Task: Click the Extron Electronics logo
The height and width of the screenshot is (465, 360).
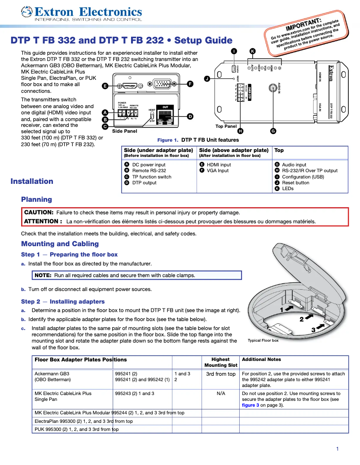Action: point(81,14)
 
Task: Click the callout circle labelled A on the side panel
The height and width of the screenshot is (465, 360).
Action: point(105,113)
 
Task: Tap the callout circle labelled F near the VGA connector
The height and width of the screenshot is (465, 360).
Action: point(190,84)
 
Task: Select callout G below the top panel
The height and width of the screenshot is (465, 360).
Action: point(273,131)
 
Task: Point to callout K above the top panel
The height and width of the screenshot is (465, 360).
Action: point(252,51)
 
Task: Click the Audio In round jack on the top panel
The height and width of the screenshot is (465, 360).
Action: point(272,88)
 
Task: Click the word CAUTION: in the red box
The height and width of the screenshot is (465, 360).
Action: point(39,213)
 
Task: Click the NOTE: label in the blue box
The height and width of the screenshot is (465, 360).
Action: point(43,275)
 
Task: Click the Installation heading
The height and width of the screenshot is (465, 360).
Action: point(32,181)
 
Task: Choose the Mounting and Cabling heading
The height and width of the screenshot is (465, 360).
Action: point(60,244)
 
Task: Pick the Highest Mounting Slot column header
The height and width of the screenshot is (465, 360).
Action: point(220,362)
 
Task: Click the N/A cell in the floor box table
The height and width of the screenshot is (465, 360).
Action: point(220,393)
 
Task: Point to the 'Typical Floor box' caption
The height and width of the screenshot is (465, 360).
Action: point(263,340)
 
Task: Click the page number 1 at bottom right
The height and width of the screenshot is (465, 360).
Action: point(337,449)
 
